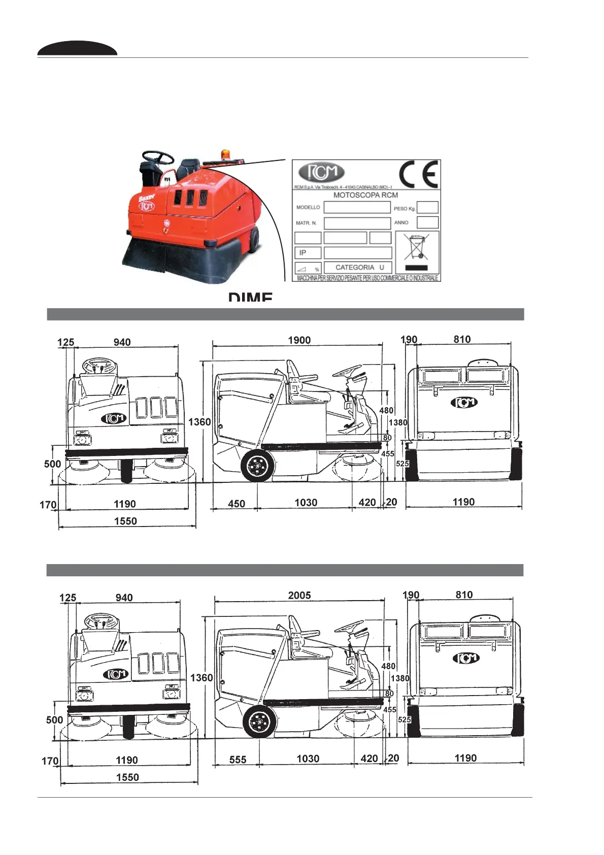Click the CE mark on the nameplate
pos(419,174)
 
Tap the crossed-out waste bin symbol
pos(417,247)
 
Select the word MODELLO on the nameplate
pos(308,207)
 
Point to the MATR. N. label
pos(306,223)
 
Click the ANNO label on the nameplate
pos(401,222)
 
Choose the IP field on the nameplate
pos(303,252)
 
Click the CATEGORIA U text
pos(359,267)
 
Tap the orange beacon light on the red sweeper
pos(224,154)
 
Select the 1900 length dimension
pos(299,340)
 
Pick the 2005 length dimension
pos(299,595)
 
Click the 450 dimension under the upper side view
pos(237,504)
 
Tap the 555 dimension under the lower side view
pos(238,760)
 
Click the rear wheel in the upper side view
pos(257,466)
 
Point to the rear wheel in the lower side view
pos(259,721)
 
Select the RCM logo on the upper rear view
pos(464,403)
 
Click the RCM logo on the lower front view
pos(116,674)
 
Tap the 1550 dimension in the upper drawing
pos(125,521)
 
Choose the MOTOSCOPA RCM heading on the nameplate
pos(365,195)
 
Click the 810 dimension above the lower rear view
pos(464,595)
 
